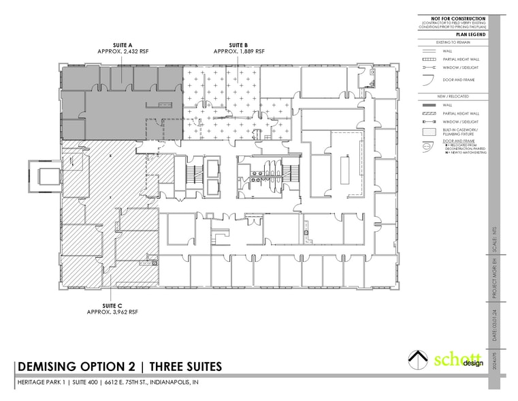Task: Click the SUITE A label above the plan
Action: (123, 45)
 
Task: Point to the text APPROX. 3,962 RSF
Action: (113, 311)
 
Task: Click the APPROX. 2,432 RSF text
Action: (123, 51)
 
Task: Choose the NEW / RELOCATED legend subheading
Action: (453, 96)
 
